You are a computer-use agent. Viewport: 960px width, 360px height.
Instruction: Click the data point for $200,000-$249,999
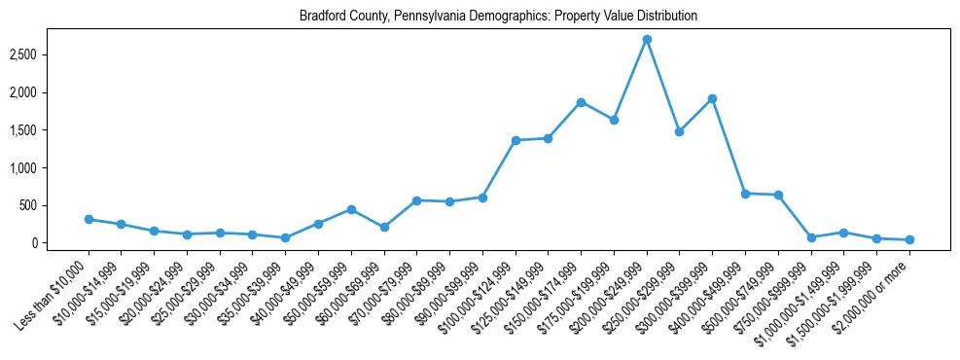tap(647, 40)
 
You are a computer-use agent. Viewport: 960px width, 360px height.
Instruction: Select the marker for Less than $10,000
tap(89, 219)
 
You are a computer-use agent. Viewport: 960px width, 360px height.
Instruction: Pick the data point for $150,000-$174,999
tap(581, 102)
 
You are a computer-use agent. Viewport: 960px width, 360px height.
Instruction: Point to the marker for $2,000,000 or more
tap(909, 239)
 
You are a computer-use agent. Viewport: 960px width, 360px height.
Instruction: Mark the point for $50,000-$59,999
tap(351, 209)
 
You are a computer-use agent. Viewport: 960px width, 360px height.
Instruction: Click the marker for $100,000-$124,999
tap(516, 140)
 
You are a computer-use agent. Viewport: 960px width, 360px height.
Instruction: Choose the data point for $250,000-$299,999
tap(679, 131)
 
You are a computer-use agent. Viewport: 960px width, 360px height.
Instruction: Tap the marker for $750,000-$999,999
tap(811, 237)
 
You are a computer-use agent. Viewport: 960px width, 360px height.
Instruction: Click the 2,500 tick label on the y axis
tap(49, 54)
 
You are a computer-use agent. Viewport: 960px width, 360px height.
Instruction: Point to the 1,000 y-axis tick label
tap(49, 167)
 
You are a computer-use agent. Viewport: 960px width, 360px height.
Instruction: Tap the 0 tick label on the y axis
tap(59, 243)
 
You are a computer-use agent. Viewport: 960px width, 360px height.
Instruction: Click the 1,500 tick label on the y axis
tap(49, 130)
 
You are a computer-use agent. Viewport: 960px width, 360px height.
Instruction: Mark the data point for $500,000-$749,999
tap(778, 195)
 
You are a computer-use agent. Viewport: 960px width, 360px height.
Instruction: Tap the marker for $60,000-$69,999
tap(384, 227)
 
